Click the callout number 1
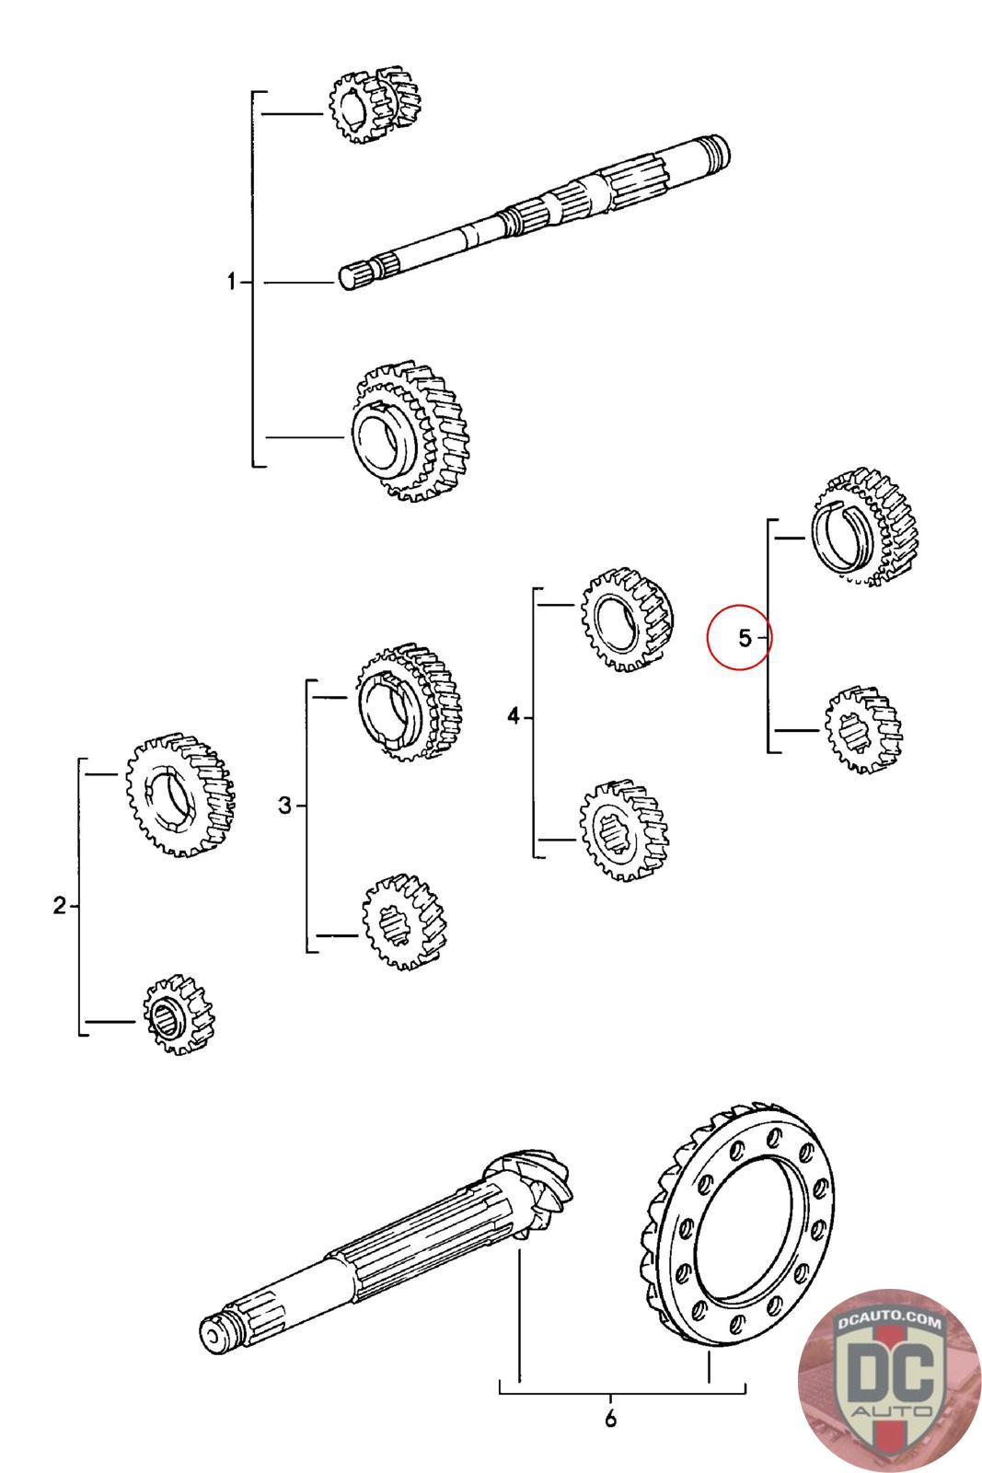tap(232, 282)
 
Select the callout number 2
tap(60, 906)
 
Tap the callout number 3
tap(285, 806)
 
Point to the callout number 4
tap(514, 715)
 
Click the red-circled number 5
tap(744, 637)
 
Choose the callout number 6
tap(610, 1419)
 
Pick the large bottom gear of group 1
tap(409, 433)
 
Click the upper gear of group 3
tap(409, 702)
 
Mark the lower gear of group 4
tap(623, 829)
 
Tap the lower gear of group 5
tap(862, 728)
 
